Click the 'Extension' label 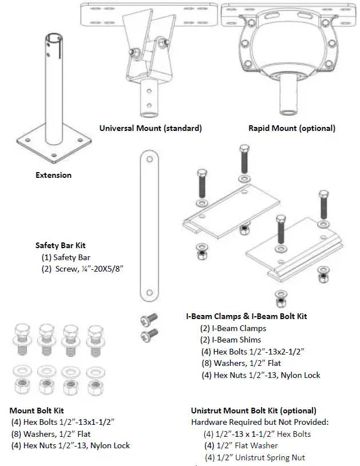[x=54, y=175]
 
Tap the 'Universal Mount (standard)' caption [x=151, y=128]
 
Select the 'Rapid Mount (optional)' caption [x=292, y=128]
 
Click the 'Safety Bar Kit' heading [x=65, y=245]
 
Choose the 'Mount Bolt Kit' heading [x=37, y=411]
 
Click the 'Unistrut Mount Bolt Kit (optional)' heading [x=253, y=411]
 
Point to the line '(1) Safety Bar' [x=71, y=257]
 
